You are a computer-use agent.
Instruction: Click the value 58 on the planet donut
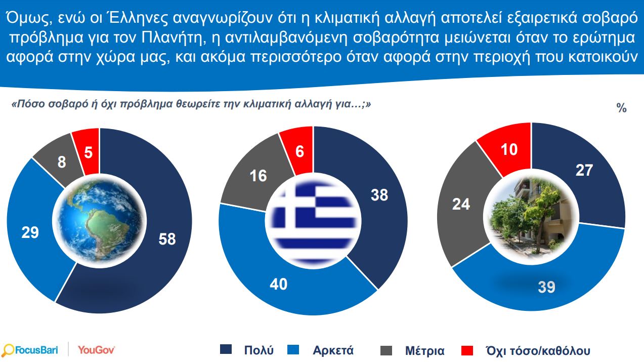167,239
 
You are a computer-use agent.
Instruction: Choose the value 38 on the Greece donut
379,194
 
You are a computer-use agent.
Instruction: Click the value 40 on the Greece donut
277,284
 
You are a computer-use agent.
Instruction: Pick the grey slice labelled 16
259,176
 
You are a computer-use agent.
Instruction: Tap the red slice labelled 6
299,151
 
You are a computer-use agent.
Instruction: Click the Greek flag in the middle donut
314,219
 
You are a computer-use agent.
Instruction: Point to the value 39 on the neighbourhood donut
546,287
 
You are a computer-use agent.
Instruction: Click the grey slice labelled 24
461,204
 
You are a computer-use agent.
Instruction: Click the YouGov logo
97,350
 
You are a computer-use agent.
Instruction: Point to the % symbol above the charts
621,108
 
